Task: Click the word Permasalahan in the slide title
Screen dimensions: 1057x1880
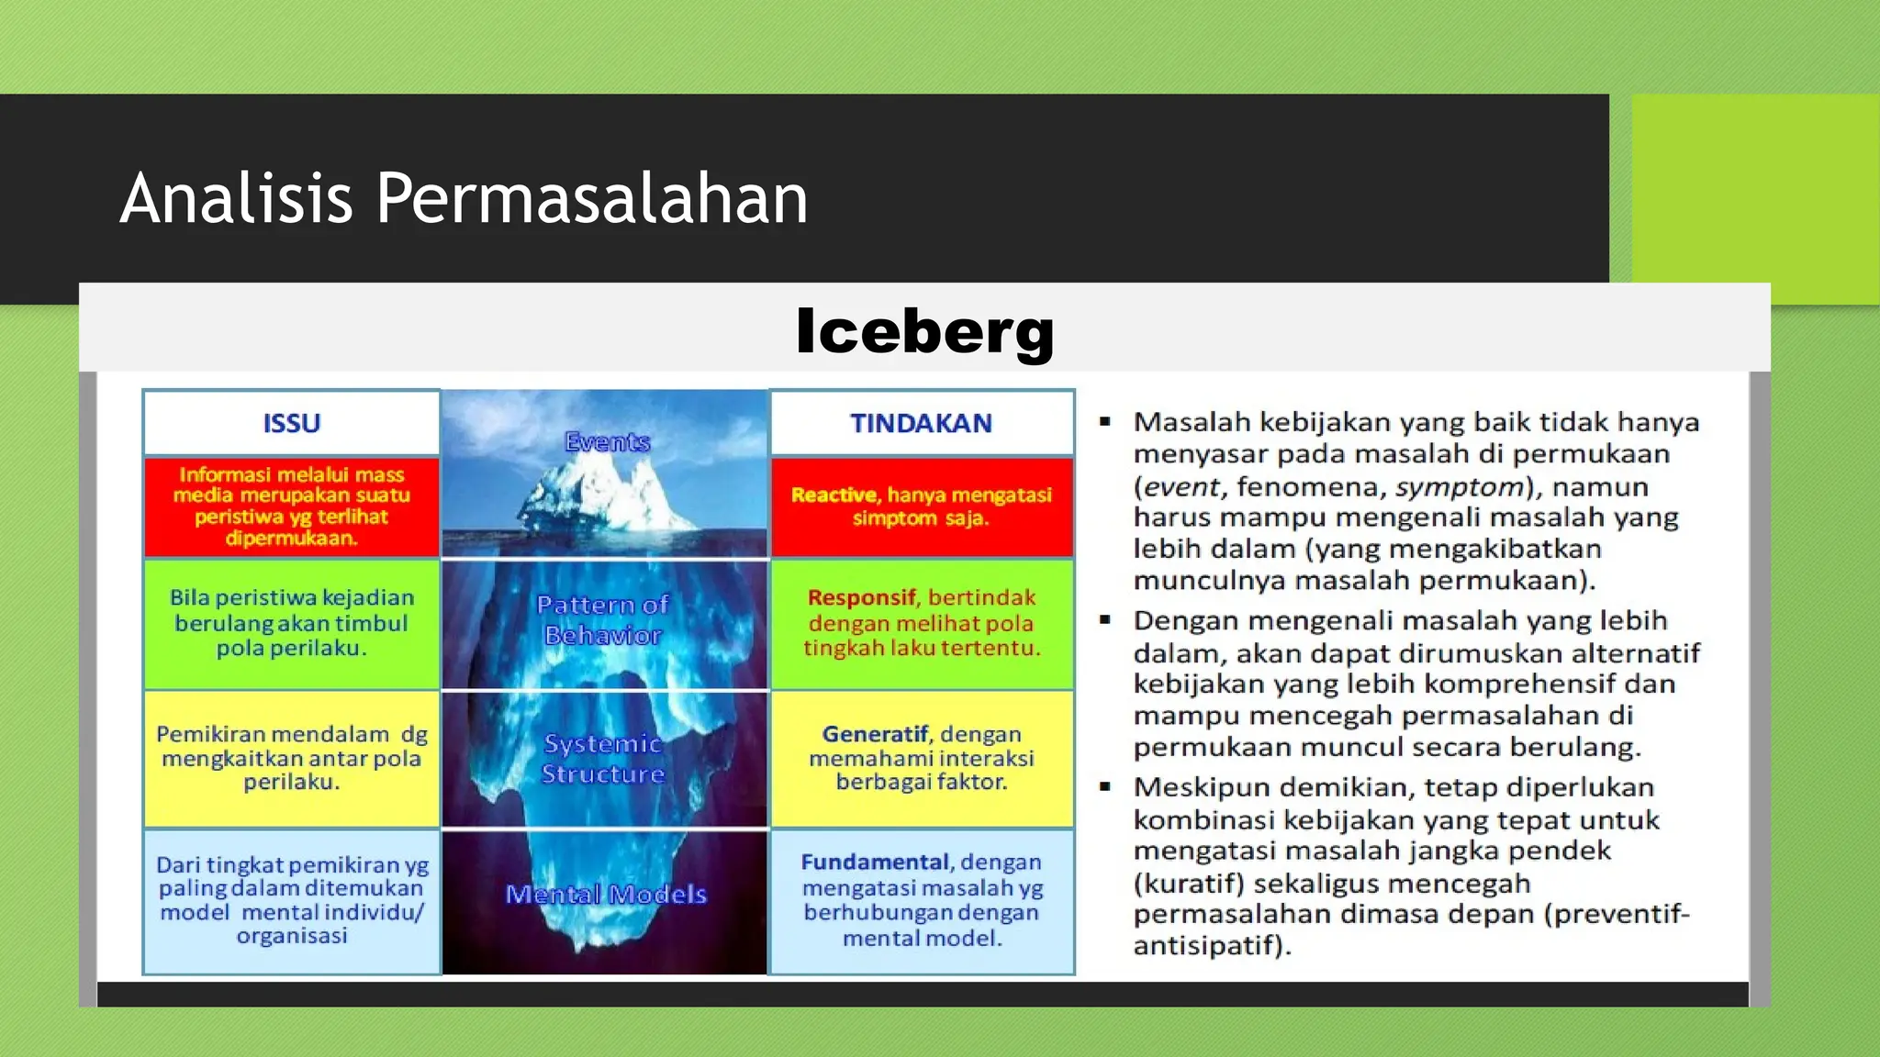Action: click(x=591, y=198)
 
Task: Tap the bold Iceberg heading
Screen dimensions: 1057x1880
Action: click(x=924, y=331)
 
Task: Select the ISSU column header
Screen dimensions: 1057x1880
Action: click(x=292, y=423)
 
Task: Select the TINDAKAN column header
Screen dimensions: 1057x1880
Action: click(x=921, y=423)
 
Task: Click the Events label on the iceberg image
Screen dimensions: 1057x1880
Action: click(x=607, y=442)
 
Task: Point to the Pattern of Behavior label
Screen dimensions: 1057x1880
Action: click(x=603, y=620)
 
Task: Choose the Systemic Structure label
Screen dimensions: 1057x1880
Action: click(x=603, y=759)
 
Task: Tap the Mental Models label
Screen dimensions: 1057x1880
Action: click(x=606, y=895)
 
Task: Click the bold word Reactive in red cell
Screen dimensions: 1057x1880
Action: click(x=834, y=495)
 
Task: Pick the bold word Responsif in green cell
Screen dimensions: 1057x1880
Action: click(x=861, y=597)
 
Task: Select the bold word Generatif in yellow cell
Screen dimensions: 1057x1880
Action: click(x=874, y=734)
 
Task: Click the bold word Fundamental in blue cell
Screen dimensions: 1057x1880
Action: click(x=874, y=862)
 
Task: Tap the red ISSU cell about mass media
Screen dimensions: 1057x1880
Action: click(x=292, y=506)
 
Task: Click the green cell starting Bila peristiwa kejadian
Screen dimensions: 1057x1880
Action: click(x=292, y=623)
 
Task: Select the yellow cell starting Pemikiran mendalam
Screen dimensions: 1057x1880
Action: click(x=292, y=758)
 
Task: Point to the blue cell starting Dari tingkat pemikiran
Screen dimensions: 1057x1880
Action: click(x=292, y=900)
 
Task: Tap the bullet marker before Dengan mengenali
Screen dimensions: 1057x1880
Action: click(x=1105, y=621)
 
